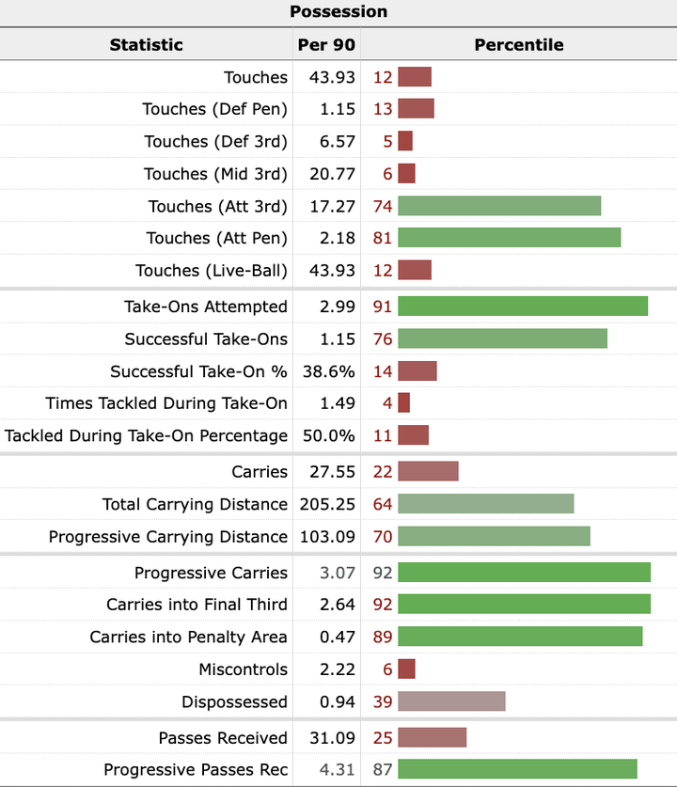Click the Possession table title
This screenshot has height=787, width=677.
(338, 12)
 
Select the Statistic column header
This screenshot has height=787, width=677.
(146, 44)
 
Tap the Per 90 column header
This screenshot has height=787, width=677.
(326, 44)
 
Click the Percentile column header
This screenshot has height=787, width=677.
(518, 44)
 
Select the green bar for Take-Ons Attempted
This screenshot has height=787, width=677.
(523, 307)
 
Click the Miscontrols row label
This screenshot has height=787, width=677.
(243, 669)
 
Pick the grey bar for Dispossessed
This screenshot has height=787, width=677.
(451, 702)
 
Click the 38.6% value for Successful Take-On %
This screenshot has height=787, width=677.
(329, 371)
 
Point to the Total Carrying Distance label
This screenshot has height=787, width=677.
(195, 505)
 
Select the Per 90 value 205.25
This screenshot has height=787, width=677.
(325, 505)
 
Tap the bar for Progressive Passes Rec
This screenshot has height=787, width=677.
(517, 770)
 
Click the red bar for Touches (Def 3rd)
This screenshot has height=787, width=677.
(405, 142)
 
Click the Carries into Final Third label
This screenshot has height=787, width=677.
(197, 605)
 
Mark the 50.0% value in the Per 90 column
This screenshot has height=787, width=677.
(329, 436)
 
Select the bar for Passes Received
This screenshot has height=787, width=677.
(432, 738)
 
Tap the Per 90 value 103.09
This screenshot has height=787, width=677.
(325, 537)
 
